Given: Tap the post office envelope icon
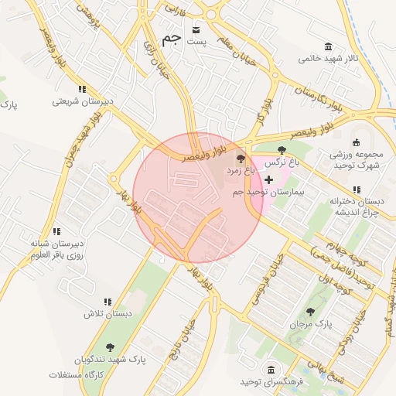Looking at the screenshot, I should click(196, 26).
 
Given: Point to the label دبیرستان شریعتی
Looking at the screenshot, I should click(83, 101).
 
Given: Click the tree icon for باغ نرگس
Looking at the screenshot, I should click(281, 150).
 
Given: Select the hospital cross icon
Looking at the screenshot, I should click(268, 179).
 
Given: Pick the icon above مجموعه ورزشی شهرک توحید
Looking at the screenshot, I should click(356, 142).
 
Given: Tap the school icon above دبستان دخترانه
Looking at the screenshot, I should click(356, 189).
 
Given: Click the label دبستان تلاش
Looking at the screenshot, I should click(108, 314).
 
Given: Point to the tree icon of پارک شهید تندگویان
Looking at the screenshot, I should click(108, 347).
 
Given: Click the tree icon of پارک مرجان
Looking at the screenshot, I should click(310, 312).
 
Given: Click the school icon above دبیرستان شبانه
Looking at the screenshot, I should click(56, 231).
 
